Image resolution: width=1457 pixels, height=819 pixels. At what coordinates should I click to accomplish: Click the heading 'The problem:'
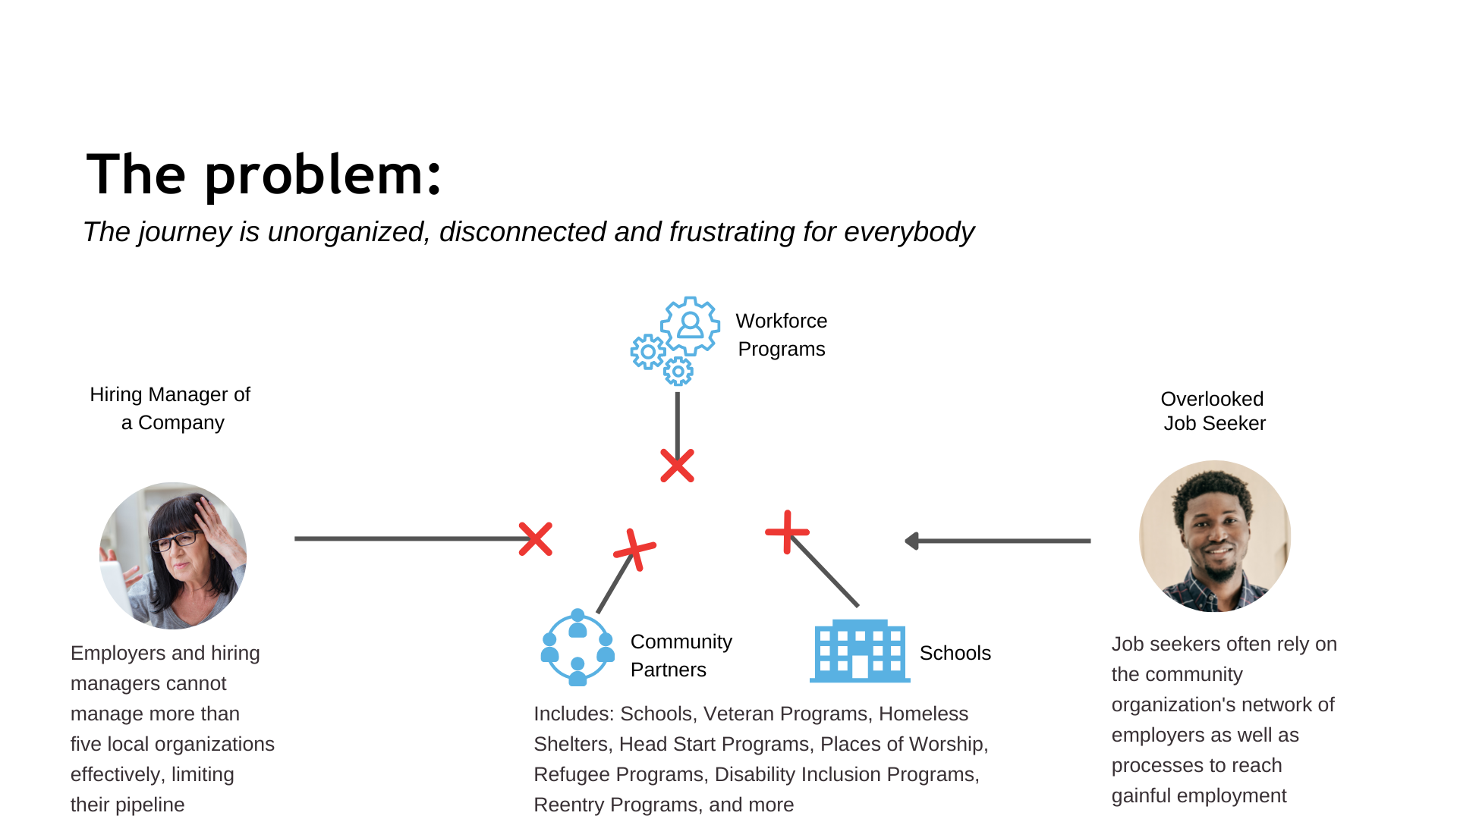tap(263, 175)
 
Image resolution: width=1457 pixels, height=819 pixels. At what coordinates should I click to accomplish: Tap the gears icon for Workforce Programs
tap(675, 340)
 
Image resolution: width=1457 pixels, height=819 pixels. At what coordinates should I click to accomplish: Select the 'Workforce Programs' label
tap(782, 334)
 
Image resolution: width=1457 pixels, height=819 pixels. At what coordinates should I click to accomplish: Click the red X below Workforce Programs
tap(677, 466)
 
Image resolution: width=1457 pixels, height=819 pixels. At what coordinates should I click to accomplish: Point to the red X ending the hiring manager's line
tap(536, 538)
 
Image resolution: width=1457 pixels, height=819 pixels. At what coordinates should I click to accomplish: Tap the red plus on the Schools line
tap(787, 532)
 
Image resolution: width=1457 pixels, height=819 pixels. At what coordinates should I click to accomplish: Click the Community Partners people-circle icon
tap(577, 647)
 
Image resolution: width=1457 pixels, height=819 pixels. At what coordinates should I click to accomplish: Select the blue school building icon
tap(860, 651)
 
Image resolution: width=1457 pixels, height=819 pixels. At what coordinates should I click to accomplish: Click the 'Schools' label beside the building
tap(955, 653)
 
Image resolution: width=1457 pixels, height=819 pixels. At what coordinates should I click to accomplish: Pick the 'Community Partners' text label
tap(681, 655)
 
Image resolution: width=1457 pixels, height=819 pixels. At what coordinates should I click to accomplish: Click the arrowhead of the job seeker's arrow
tap(911, 541)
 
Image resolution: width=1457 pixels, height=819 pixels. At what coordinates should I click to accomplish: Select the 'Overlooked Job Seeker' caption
tap(1213, 411)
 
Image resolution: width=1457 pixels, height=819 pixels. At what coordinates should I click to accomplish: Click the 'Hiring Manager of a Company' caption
tap(171, 408)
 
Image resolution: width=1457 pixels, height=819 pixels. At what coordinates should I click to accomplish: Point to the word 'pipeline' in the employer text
tap(149, 805)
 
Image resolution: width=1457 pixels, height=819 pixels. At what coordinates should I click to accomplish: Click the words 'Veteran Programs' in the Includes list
tap(785, 714)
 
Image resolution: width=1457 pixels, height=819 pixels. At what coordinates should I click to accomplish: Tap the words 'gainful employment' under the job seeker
tap(1199, 795)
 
